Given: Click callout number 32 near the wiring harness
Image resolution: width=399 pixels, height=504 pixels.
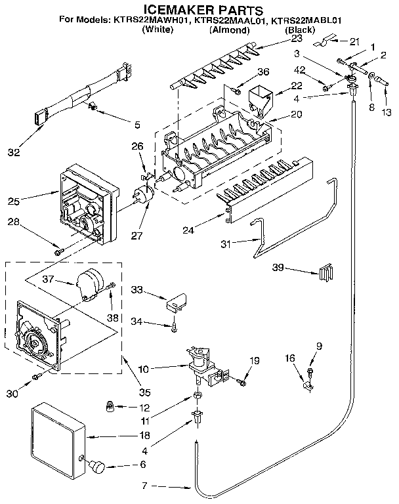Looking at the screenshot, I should coord(14,153).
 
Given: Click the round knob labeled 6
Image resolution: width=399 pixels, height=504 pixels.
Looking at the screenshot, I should coord(99,466).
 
